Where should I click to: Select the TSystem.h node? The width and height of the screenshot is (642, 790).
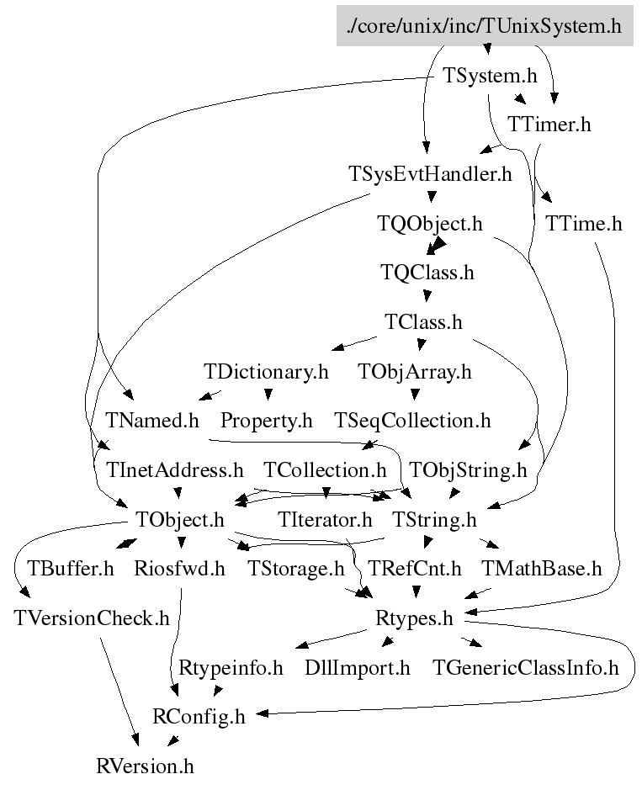[490, 76]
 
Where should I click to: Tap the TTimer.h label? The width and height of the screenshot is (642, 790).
[549, 125]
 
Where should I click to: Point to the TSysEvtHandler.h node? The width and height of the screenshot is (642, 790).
[430, 174]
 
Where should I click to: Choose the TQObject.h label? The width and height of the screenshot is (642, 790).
[430, 224]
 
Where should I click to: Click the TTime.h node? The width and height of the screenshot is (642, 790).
[583, 224]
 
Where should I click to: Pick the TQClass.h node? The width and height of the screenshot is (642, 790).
[427, 273]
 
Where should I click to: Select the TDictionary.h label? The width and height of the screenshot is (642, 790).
[266, 371]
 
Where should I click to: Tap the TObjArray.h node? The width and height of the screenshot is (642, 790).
[415, 371]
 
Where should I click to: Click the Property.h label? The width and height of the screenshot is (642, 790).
[267, 420]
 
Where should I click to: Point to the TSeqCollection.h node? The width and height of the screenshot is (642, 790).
[412, 420]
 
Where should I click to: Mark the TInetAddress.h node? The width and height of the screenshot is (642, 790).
[174, 469]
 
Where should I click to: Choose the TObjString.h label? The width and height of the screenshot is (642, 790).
[468, 469]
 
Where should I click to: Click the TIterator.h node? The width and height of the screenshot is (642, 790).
[326, 520]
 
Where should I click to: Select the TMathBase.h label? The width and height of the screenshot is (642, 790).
[541, 569]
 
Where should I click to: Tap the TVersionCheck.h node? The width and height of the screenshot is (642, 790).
[92, 618]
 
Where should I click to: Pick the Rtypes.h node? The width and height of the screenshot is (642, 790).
[414, 618]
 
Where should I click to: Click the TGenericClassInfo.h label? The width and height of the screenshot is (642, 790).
[525, 668]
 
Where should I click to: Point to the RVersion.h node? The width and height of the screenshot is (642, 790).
[145, 766]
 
